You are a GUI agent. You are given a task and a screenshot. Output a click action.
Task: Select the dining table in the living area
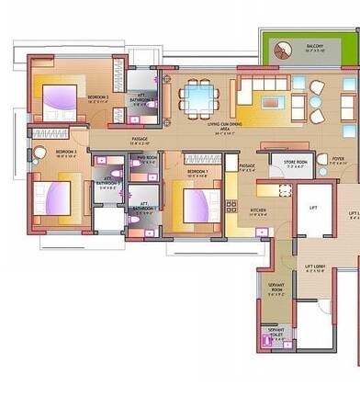click(198, 95)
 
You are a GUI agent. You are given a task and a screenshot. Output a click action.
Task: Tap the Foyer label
click(338, 160)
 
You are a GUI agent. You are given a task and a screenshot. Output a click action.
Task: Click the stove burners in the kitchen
click(232, 197)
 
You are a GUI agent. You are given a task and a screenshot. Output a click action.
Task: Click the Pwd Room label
click(147, 158)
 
